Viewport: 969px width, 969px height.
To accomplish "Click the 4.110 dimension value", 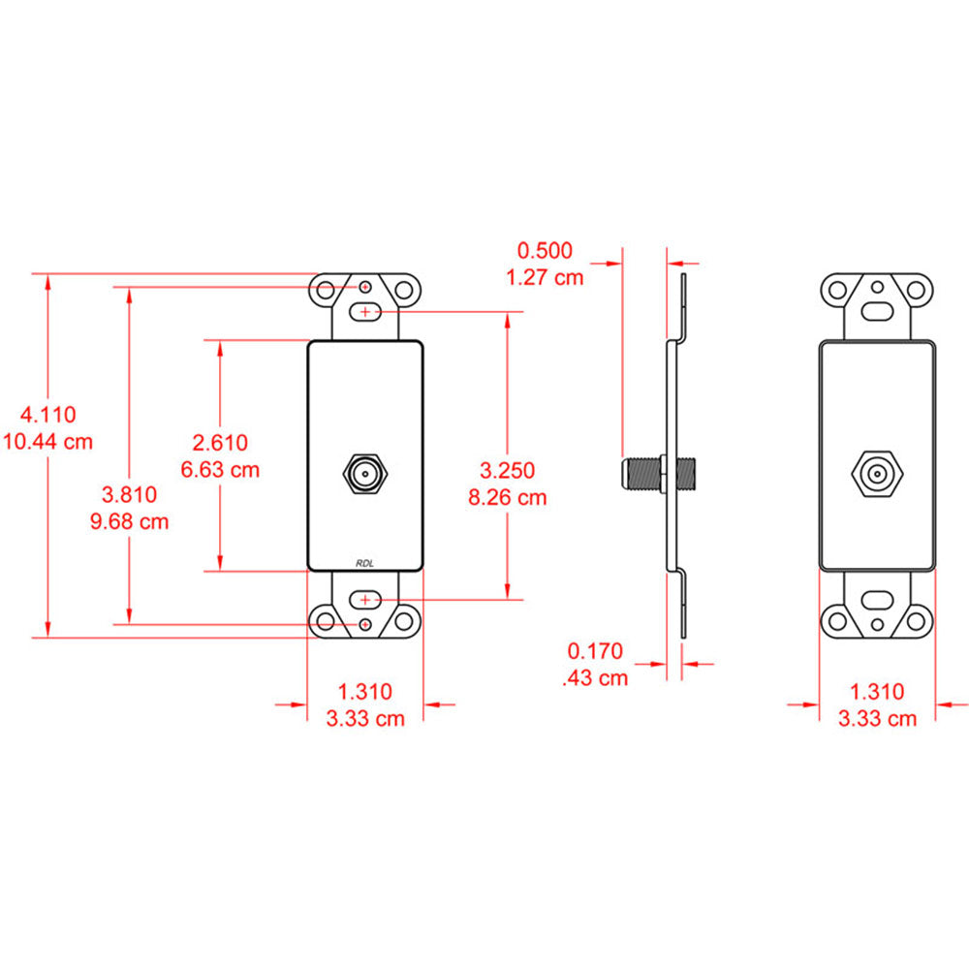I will (x=48, y=415).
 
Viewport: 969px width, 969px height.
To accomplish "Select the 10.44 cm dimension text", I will (x=48, y=442).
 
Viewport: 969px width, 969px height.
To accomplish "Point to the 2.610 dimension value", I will (x=221, y=443).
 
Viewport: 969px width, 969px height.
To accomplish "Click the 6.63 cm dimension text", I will (x=221, y=470).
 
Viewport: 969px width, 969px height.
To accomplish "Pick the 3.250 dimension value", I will (x=508, y=471).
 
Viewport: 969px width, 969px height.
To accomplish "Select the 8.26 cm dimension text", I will (x=508, y=498).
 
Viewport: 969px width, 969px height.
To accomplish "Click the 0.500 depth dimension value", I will (x=546, y=250).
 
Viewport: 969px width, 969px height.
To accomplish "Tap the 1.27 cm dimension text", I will (x=546, y=277).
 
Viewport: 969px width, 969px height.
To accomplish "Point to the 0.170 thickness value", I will (x=596, y=650).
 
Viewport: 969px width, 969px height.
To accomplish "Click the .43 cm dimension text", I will (x=596, y=677).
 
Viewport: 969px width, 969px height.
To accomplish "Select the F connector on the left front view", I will (x=365, y=474).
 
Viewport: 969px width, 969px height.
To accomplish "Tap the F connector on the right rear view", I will (x=877, y=474).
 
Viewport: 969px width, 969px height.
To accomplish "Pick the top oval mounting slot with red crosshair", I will (x=365, y=311).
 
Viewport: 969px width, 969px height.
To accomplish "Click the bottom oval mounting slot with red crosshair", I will (x=365, y=600).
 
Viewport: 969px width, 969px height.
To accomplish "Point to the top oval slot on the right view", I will (x=877, y=312).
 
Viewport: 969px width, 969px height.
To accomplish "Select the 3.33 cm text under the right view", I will (x=877, y=718).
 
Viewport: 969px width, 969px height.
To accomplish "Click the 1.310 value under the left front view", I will (x=365, y=691).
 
